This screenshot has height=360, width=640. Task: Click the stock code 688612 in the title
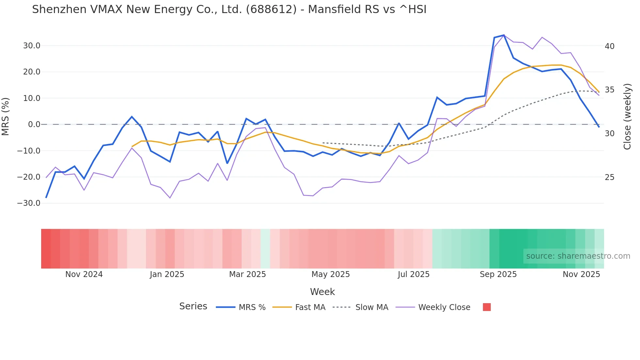[271, 9]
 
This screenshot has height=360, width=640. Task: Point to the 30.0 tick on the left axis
[32, 46]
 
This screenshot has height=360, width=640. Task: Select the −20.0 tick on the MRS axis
[29, 177]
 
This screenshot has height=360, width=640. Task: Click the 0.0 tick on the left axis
[34, 124]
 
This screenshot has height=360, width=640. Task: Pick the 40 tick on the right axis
[609, 46]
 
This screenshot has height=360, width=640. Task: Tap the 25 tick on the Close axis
[609, 177]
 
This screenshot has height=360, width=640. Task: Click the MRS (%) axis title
[6, 117]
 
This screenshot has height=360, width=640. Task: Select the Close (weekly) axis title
[627, 117]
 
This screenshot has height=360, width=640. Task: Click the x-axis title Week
[322, 292]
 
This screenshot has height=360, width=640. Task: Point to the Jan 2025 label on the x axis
[167, 274]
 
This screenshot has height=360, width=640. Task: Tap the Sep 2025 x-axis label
[498, 274]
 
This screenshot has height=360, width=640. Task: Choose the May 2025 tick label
[330, 274]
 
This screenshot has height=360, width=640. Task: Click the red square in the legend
[487, 307]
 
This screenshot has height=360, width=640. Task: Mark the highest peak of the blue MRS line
[504, 35]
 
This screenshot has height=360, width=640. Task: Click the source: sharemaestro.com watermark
[578, 256]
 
